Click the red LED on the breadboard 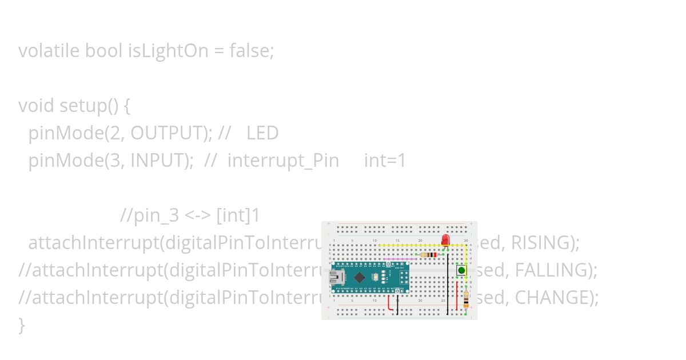445,239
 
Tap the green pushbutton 461,270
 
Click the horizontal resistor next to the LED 429,255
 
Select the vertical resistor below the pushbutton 466,299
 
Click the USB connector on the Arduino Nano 337,278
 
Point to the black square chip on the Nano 359,277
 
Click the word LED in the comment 262,133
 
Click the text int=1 385,161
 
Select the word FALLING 551,270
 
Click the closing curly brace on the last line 22,325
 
